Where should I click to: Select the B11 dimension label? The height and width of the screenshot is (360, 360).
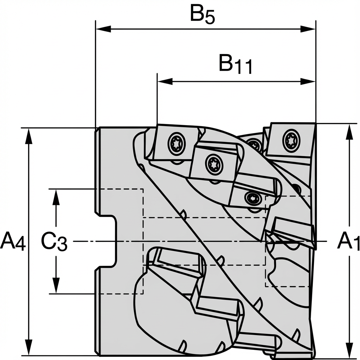pyautogui.click(x=235, y=65)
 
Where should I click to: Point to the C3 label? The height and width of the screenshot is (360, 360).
pyautogui.click(x=54, y=242)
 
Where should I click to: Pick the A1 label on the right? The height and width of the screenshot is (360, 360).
pyautogui.click(x=348, y=242)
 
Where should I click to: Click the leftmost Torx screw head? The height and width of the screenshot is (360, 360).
pyautogui.click(x=176, y=143)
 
